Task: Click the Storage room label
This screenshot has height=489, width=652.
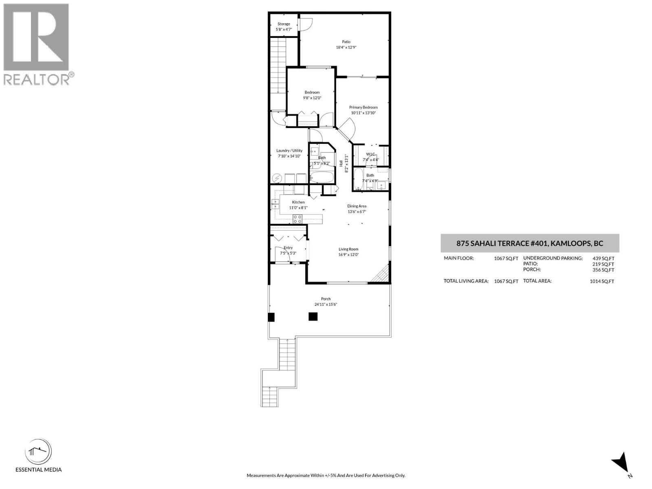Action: pyautogui.click(x=284, y=24)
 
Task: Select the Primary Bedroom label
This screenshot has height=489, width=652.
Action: pyautogui.click(x=363, y=107)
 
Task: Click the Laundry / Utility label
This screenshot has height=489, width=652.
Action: pyautogui.click(x=289, y=150)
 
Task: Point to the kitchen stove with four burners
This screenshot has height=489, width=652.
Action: pyautogui.click(x=297, y=219)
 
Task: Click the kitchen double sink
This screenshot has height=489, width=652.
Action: pyautogui.click(x=275, y=204)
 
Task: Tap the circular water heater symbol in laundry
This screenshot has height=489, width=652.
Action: pyautogui.click(x=277, y=178)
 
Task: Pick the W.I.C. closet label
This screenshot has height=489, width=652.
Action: pyautogui.click(x=370, y=154)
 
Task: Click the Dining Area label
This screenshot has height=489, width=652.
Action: pyautogui.click(x=357, y=206)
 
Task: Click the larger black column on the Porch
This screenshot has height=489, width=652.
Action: pyautogui.click(x=313, y=317)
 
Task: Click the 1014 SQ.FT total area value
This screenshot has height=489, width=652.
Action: pyautogui.click(x=601, y=281)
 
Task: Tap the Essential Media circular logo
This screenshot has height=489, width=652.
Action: pyautogui.click(x=38, y=453)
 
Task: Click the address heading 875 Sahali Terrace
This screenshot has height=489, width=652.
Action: pyautogui.click(x=530, y=244)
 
